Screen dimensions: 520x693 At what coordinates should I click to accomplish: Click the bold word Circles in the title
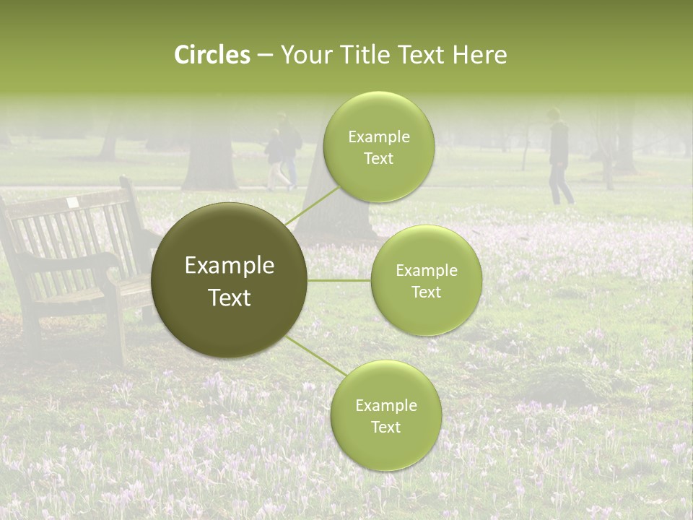[x=212, y=55]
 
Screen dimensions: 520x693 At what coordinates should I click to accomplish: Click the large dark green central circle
[x=230, y=280]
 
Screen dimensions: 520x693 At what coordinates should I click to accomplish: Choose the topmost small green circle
[x=378, y=147]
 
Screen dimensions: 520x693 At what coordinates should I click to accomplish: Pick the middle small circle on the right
[x=427, y=280]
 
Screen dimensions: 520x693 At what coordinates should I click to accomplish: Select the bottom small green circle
[x=385, y=415]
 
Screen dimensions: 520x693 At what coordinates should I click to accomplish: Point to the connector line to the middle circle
[x=339, y=280]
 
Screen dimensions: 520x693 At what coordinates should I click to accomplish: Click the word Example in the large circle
[x=230, y=266]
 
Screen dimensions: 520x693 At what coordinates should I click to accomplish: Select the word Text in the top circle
[x=378, y=159]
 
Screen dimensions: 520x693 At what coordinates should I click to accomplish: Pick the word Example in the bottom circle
[x=385, y=405]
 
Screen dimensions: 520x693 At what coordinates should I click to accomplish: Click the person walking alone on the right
[x=559, y=157]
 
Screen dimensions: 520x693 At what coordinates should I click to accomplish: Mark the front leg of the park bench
[x=115, y=332]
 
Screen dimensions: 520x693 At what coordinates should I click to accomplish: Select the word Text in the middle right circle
[x=427, y=292]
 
